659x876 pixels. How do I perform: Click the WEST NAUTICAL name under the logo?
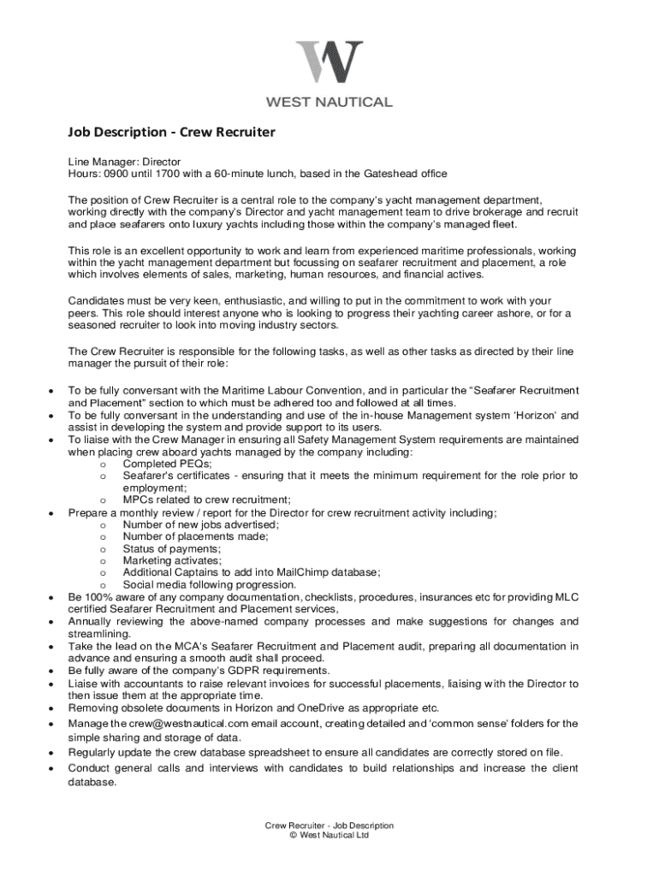point(329,102)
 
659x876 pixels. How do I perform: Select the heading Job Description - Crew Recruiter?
point(171,133)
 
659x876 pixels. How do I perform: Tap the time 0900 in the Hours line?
point(118,174)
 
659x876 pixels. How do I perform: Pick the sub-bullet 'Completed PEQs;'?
point(168,464)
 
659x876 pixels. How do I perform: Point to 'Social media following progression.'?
point(210,585)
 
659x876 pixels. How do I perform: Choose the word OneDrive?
point(324,708)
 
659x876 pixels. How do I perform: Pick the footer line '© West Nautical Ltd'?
point(329,836)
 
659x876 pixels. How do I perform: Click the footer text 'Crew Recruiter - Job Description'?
point(329,826)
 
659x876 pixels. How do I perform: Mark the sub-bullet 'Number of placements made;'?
point(195,537)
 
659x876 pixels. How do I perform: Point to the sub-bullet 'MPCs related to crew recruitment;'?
point(206,500)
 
